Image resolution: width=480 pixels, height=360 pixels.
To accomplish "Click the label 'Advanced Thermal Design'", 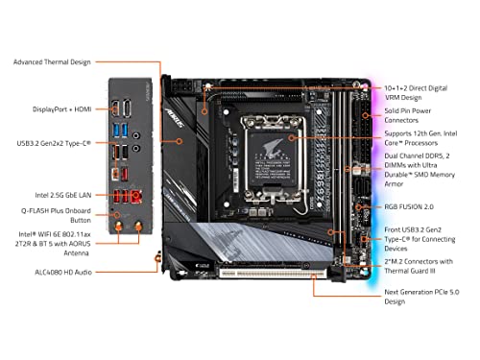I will tap(52, 62).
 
